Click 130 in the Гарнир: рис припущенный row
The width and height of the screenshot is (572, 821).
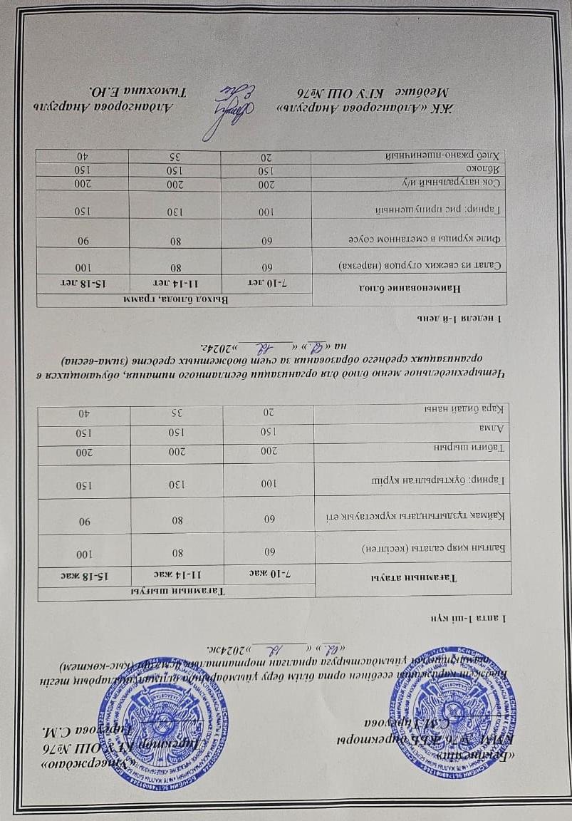click(175, 211)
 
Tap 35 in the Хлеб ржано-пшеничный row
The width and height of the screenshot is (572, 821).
click(175, 156)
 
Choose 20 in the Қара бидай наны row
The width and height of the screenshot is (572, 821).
click(269, 412)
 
